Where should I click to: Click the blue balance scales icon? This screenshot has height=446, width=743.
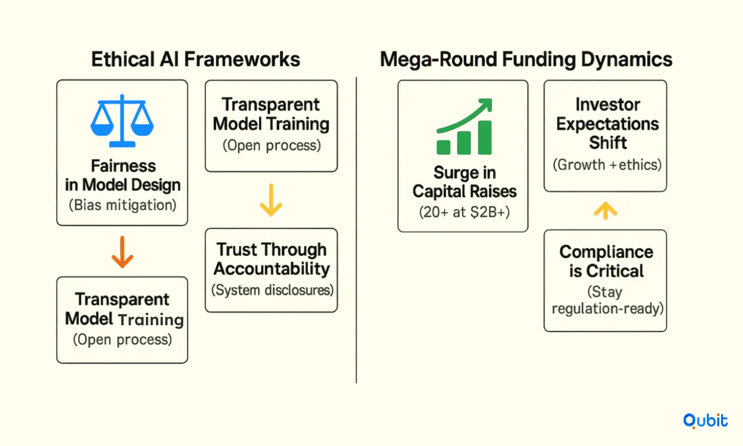[122, 121]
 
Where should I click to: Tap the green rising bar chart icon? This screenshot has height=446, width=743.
[464, 126]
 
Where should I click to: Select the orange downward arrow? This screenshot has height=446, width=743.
[122, 252]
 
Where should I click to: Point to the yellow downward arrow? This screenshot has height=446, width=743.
[271, 200]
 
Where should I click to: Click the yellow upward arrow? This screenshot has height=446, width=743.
[605, 210]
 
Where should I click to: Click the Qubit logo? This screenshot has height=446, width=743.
[705, 421]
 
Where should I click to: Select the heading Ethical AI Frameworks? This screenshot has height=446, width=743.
[196, 59]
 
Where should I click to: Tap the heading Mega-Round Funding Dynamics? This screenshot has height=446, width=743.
[526, 60]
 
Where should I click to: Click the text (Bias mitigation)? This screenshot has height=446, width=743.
[122, 205]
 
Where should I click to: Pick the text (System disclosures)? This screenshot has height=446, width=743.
[272, 290]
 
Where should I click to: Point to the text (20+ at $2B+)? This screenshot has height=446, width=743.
[464, 212]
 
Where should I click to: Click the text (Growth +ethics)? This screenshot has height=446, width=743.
[608, 165]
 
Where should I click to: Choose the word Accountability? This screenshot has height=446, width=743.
[271, 269]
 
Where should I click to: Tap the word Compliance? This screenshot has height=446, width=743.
[607, 252]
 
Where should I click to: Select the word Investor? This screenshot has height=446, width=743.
[608, 105]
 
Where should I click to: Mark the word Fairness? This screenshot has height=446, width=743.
[124, 166]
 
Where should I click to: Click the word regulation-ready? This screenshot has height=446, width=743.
[608, 309]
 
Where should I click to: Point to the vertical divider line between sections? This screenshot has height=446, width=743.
[357, 230]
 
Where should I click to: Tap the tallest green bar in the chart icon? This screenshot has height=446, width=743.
[485, 137]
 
